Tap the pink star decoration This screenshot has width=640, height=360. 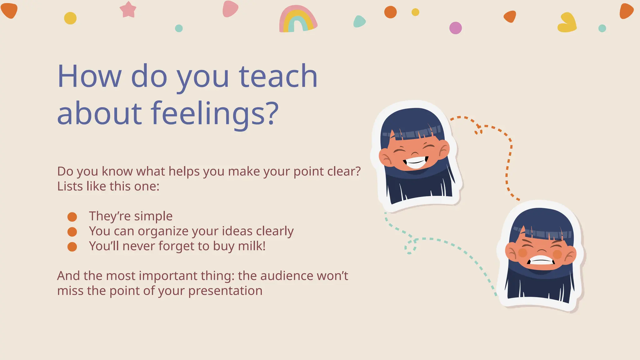(x=128, y=9)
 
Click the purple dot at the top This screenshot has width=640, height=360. (x=455, y=28)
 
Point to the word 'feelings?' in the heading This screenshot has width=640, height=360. (x=215, y=113)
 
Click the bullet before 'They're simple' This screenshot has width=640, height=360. (x=72, y=217)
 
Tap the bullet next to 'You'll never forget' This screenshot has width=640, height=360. (x=72, y=247)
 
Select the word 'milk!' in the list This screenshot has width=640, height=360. (x=252, y=246)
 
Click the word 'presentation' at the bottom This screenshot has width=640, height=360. (x=225, y=291)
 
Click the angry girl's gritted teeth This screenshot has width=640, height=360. (x=541, y=260)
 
